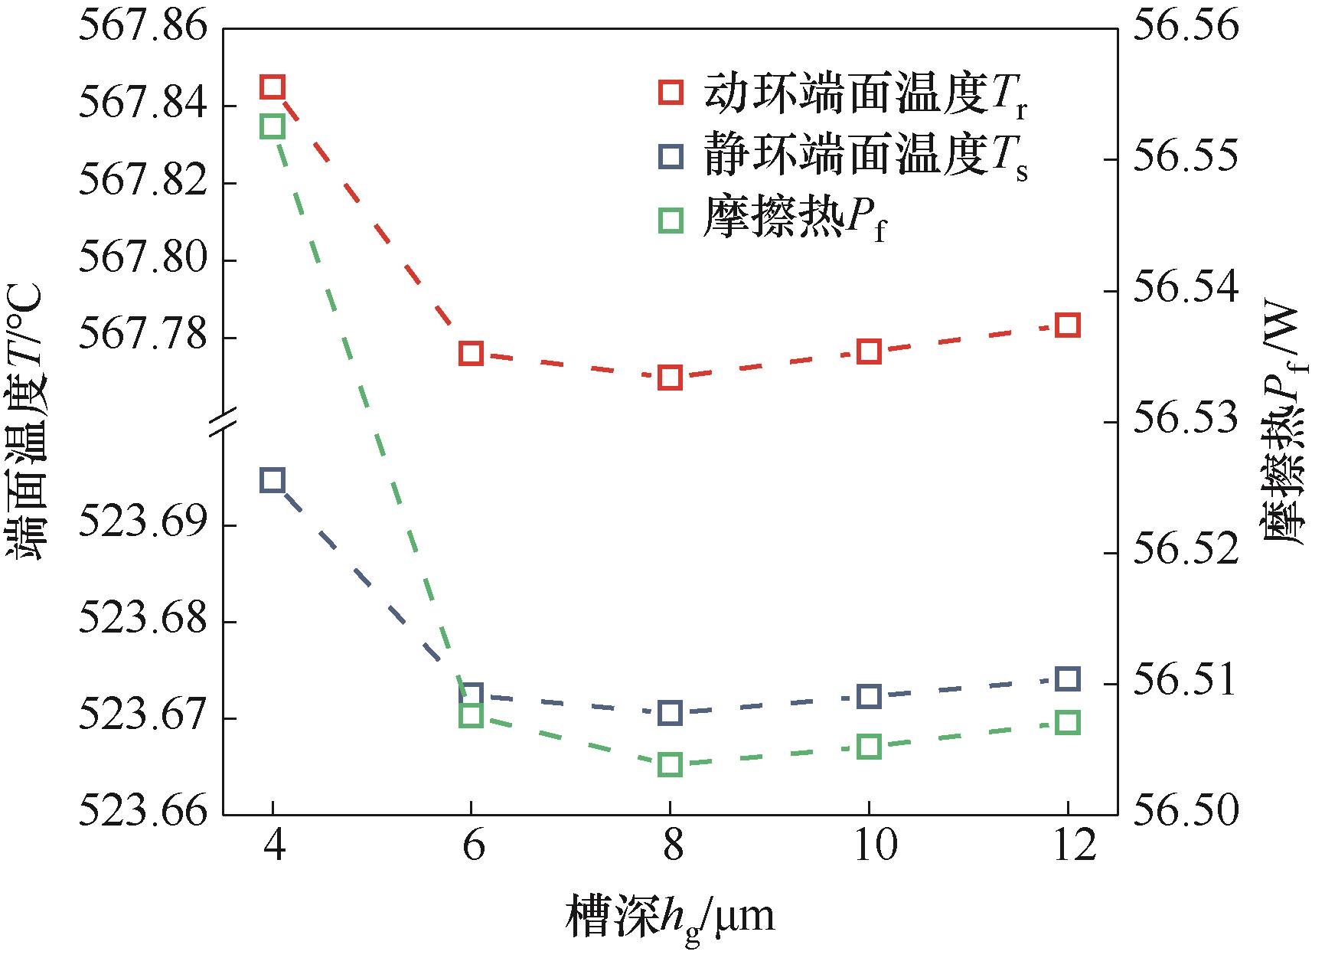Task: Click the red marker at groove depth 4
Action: coord(273,87)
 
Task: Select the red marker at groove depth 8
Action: coord(670,378)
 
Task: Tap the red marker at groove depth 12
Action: coord(1068,325)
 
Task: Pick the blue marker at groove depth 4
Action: coord(273,481)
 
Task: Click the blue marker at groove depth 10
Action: coord(869,696)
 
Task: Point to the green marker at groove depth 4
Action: coord(273,126)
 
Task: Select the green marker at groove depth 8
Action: coord(670,764)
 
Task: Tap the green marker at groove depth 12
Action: coord(1068,723)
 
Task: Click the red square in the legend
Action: coord(671,93)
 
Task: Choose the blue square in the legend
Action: coord(671,157)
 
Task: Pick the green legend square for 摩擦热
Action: coord(671,221)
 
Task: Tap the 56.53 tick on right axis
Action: coord(1185,421)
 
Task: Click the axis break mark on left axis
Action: coord(223,422)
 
